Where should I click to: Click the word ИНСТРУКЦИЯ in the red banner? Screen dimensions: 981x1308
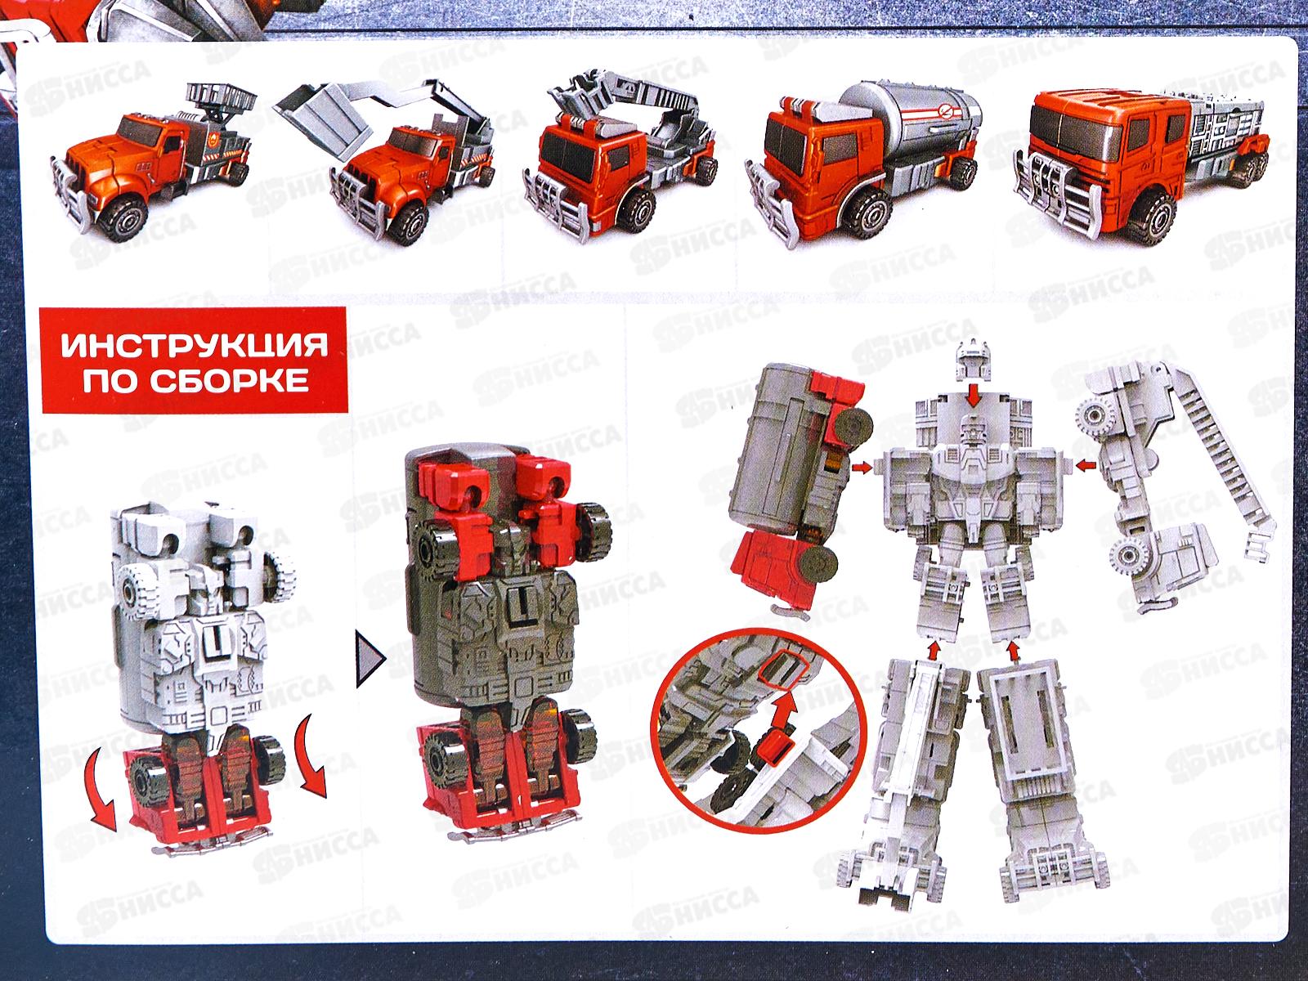(195, 347)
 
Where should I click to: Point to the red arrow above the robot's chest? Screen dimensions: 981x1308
(972, 395)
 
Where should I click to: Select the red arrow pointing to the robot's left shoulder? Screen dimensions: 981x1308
(861, 467)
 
